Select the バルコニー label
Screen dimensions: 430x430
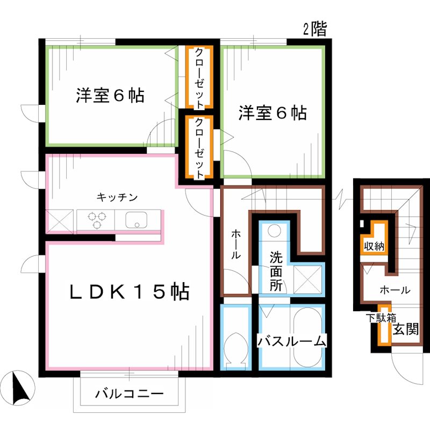129,394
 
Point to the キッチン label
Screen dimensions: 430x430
117,197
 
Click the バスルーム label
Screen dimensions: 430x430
291,341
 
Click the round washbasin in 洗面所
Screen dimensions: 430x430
275,232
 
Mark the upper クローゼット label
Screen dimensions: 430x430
199,78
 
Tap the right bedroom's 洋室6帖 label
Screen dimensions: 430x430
273,113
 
